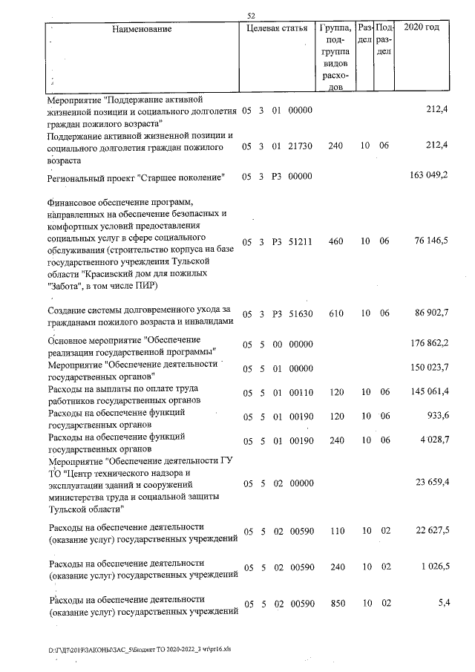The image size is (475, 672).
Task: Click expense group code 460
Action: coord(335,241)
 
